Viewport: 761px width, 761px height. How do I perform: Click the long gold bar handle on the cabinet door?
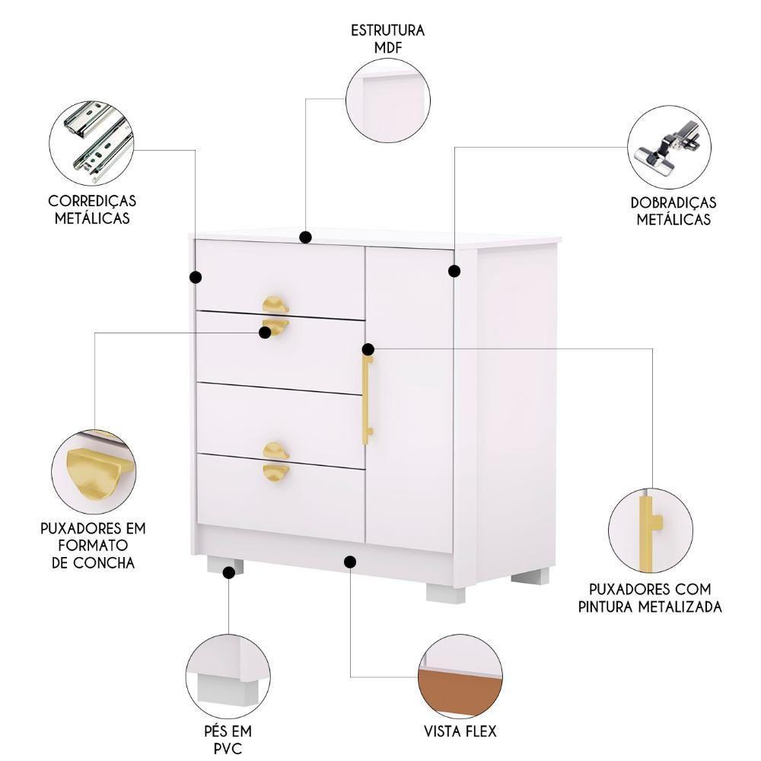(x=367, y=400)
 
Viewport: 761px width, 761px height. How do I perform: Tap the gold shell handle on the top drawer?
(x=275, y=305)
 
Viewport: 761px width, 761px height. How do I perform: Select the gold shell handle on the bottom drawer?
(x=275, y=472)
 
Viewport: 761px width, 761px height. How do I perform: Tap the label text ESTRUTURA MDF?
(x=387, y=39)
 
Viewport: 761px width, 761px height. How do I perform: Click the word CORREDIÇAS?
(x=92, y=201)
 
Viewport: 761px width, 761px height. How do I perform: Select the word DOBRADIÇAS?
(x=673, y=203)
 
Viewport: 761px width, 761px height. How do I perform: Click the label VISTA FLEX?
(x=460, y=731)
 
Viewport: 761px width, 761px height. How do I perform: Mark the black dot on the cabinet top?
(x=305, y=237)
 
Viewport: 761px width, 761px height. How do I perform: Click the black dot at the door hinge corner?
(x=454, y=271)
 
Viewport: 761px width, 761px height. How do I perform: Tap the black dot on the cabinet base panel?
(x=350, y=562)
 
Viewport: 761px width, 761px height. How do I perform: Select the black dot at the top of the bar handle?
(x=368, y=349)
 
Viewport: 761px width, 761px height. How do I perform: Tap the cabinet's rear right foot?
(x=530, y=576)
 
